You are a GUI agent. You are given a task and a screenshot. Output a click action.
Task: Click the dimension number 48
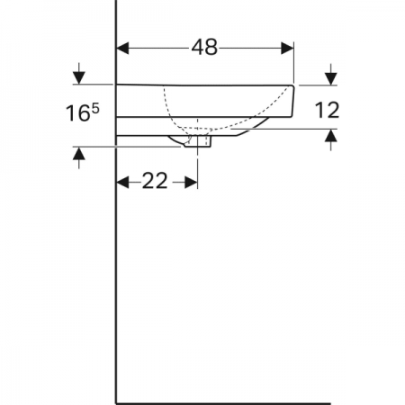(204, 48)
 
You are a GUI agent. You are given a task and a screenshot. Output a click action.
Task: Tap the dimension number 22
(155, 181)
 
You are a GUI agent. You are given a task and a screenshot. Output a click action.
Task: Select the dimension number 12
(327, 110)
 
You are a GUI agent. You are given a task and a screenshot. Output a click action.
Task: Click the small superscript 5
(94, 108)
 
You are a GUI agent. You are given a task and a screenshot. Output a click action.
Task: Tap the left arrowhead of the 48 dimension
(122, 49)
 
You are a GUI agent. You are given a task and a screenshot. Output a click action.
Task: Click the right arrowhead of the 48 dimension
(287, 49)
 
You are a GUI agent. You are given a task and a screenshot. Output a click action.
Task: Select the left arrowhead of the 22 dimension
(122, 182)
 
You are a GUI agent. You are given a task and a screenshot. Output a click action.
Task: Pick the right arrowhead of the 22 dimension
(191, 182)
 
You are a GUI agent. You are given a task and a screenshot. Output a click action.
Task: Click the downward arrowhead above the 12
(330, 79)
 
